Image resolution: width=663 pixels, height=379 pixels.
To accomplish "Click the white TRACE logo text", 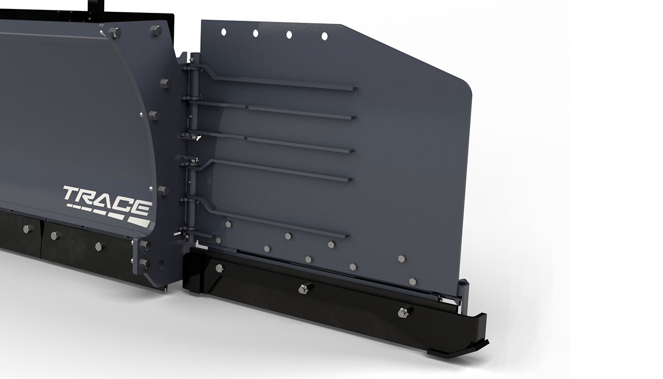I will tap(107, 196).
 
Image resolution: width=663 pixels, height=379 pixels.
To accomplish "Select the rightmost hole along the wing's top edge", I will tap(324, 36).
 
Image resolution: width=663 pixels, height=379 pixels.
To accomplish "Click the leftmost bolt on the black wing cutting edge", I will tap(219, 269).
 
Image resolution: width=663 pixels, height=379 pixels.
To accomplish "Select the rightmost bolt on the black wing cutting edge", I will tap(404, 312).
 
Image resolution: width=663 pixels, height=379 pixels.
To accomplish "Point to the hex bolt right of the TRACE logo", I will tap(162, 190).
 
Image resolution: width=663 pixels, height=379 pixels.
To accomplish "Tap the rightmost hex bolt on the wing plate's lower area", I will tap(413, 281).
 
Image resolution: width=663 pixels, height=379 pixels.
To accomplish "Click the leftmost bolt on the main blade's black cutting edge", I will tap(26, 228).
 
